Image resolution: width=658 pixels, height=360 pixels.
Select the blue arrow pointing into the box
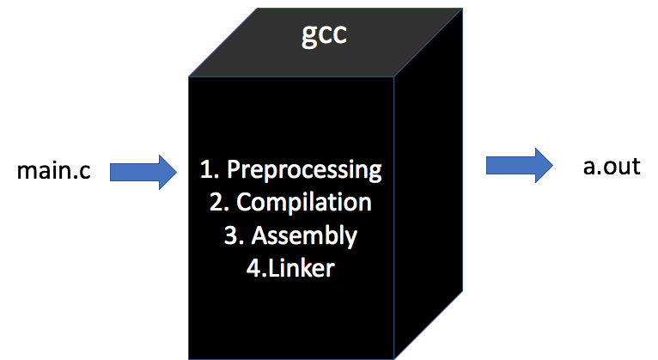tap(142, 173)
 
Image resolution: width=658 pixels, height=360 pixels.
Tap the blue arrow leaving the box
tap(519, 165)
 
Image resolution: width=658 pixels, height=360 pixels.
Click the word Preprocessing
tap(302, 170)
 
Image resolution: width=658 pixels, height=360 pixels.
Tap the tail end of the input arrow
tap(114, 173)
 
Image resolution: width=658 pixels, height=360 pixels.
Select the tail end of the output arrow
tap(490, 165)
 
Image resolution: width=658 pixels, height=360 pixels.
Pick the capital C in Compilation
tap(244, 203)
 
